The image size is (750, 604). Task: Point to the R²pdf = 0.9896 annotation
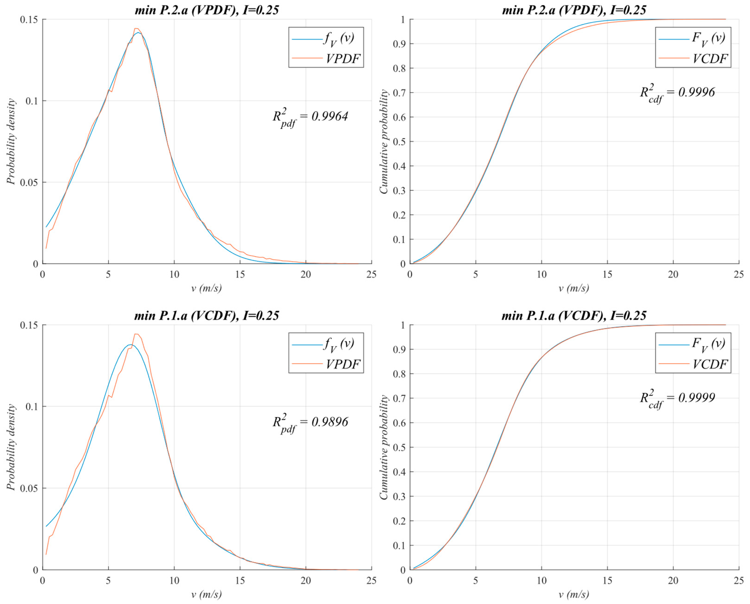310,423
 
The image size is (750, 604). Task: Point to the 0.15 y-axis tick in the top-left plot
29,19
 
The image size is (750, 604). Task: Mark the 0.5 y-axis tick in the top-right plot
399,142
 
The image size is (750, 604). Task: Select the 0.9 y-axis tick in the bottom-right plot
399,350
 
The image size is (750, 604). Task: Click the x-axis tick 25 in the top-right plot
738,275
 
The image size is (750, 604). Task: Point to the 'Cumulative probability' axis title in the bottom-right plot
384,448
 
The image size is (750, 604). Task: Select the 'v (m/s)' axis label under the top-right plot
574,288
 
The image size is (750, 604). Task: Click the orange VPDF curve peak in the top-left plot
136,29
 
